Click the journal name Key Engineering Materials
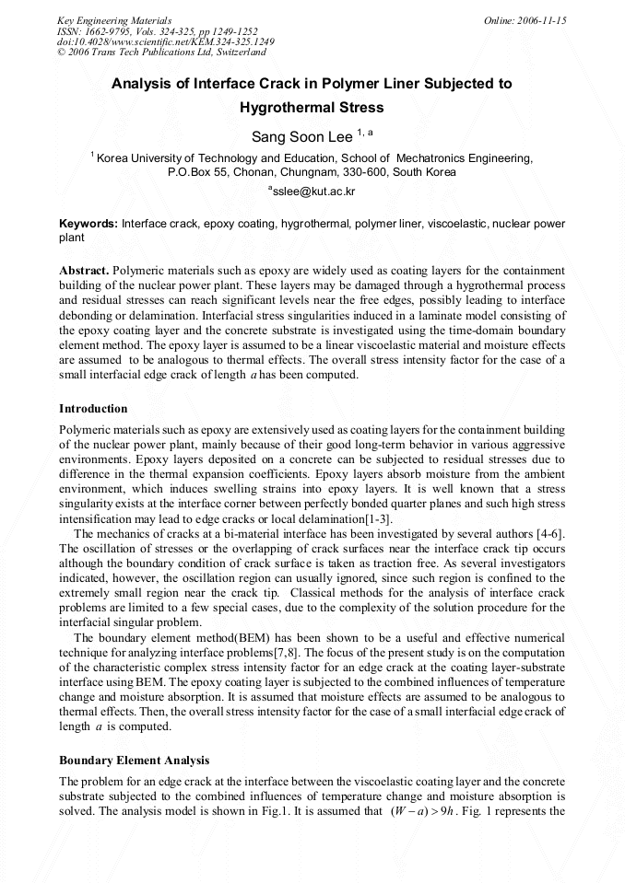pyautogui.click(x=114, y=20)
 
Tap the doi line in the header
pyautogui.click(x=165, y=42)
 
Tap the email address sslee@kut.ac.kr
pyautogui.click(x=312, y=192)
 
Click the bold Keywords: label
pyautogui.click(x=88, y=224)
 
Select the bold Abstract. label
pyautogui.click(x=85, y=271)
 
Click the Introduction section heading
pyautogui.click(x=93, y=408)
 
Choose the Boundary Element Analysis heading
pyautogui.click(x=134, y=761)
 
